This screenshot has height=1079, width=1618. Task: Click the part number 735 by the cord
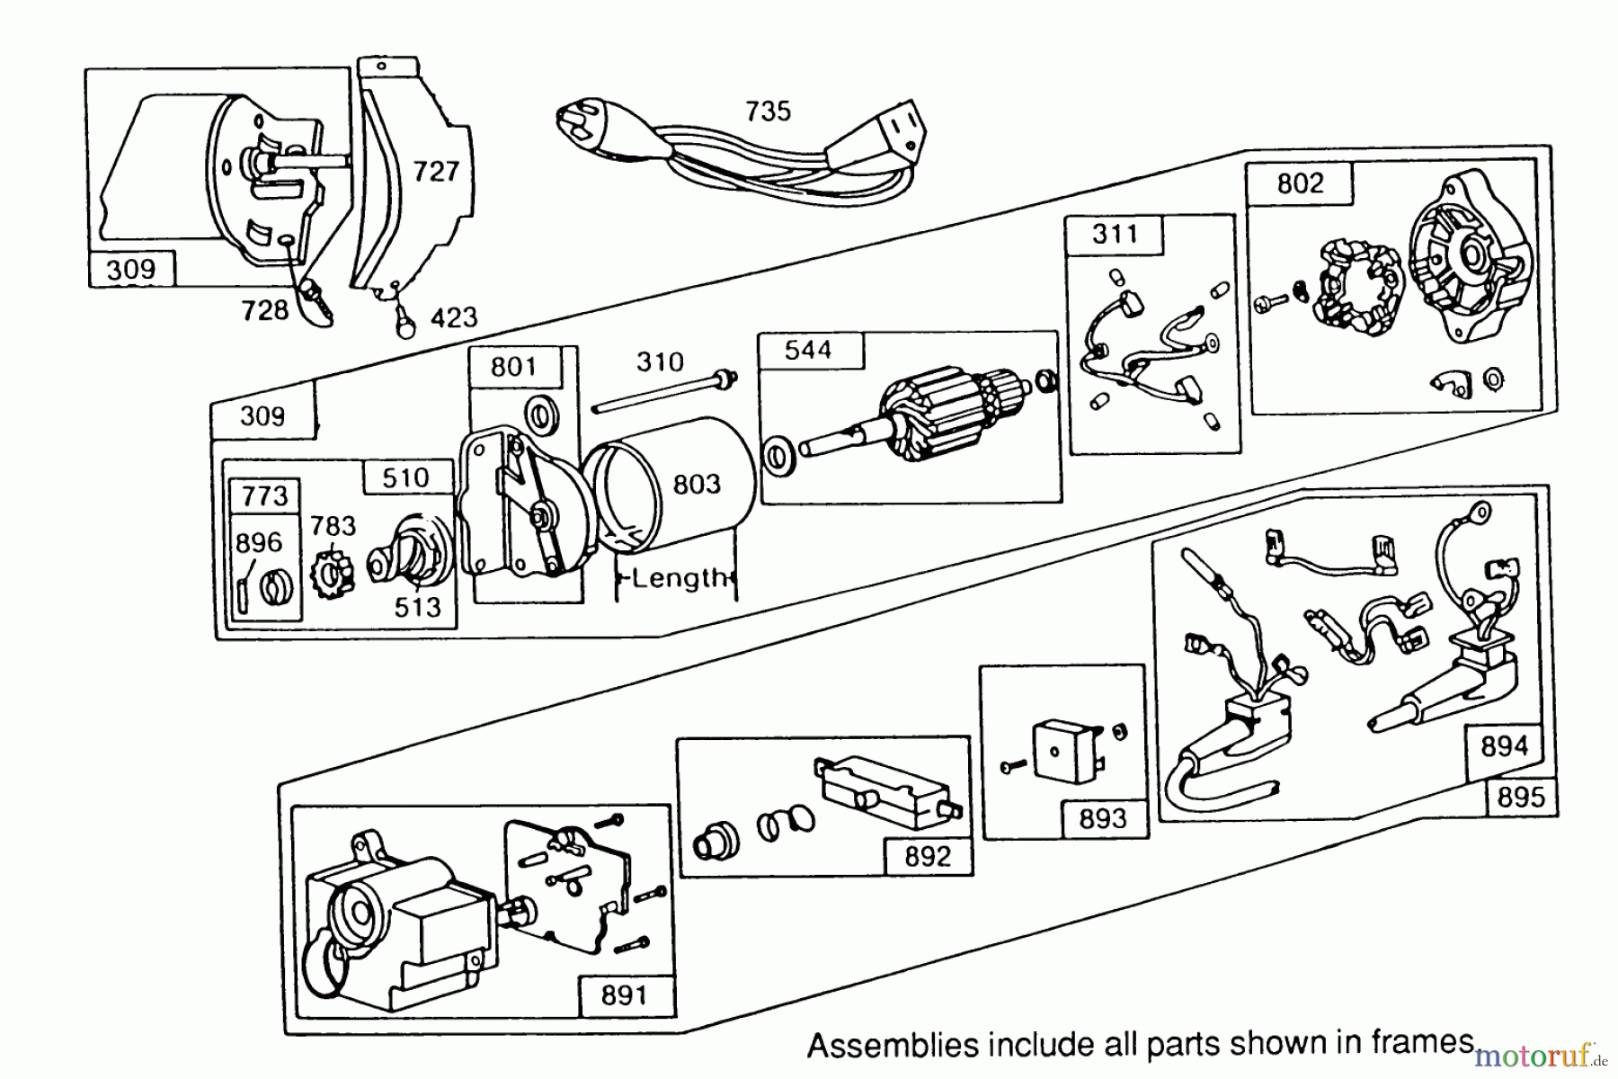(x=768, y=111)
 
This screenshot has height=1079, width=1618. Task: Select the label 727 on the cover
(x=436, y=171)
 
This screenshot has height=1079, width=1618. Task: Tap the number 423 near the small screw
(x=453, y=317)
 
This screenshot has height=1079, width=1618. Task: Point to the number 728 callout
(x=264, y=310)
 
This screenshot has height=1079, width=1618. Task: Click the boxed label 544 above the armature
(x=808, y=350)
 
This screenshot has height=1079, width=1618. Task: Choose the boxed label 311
(x=1115, y=235)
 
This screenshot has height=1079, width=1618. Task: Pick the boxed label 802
(x=1300, y=183)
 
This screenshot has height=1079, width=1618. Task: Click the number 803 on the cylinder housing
(x=697, y=485)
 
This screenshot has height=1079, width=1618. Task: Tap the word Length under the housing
(x=678, y=577)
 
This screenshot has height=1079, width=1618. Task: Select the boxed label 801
(x=513, y=367)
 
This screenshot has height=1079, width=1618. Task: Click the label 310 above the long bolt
(x=660, y=362)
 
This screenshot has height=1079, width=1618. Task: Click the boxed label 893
(x=1102, y=818)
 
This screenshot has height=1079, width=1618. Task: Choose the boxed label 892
(x=927, y=856)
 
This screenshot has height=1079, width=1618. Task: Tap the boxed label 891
(x=624, y=995)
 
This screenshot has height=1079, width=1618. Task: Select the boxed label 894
(x=1504, y=745)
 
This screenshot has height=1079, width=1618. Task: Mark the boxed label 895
(x=1520, y=797)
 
